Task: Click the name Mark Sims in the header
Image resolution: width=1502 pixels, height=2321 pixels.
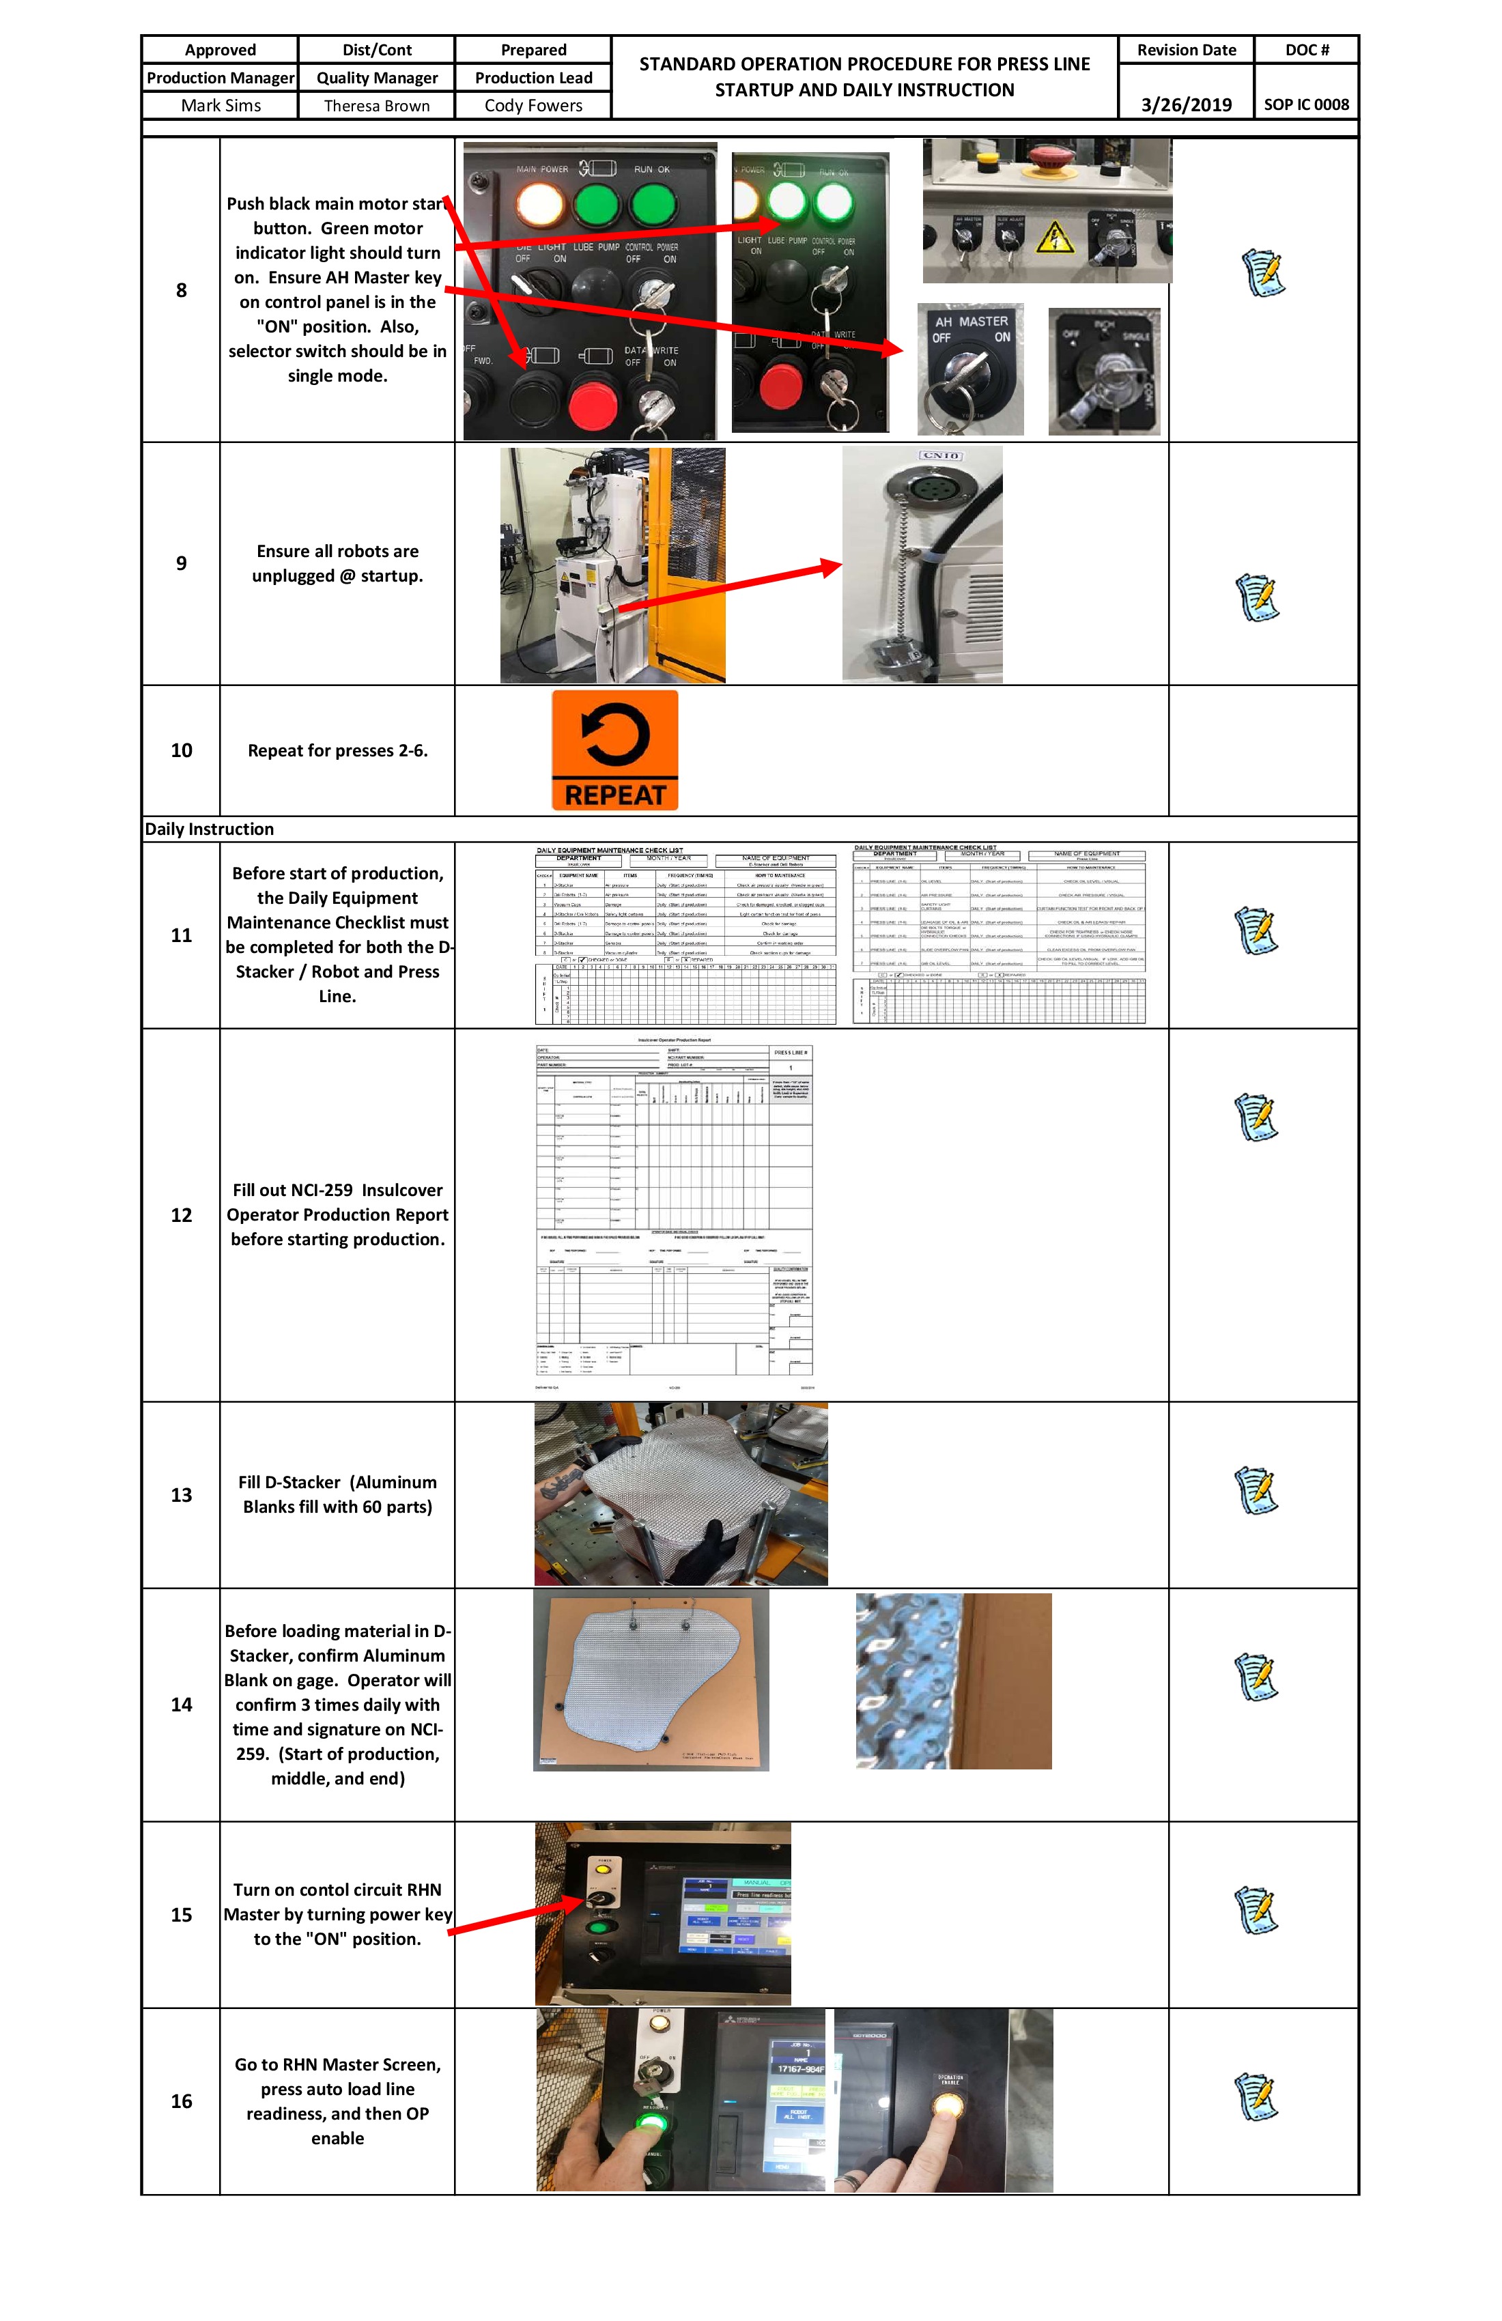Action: point(221,105)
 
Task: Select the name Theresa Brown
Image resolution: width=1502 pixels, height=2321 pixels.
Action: point(376,105)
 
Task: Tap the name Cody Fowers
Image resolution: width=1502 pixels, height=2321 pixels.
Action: point(533,105)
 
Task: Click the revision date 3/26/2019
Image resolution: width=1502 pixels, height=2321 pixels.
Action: point(1186,104)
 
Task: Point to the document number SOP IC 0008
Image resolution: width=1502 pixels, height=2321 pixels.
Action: point(1306,104)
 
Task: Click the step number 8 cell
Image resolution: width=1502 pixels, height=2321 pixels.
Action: point(182,289)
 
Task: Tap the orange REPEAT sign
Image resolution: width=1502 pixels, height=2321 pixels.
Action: point(614,750)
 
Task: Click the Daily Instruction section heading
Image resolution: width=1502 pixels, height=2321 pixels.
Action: point(210,829)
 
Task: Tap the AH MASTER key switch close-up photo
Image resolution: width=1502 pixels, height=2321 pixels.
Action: point(970,369)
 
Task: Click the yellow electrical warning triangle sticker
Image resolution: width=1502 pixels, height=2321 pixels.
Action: point(1053,236)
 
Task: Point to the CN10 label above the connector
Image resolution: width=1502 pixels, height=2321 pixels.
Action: point(940,455)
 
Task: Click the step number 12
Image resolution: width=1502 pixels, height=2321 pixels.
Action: point(182,1215)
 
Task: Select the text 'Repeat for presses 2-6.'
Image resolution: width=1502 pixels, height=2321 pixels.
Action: point(337,750)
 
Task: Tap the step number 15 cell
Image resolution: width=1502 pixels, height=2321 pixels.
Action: point(182,1914)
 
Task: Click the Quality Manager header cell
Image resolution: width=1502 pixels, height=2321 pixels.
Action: point(376,78)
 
